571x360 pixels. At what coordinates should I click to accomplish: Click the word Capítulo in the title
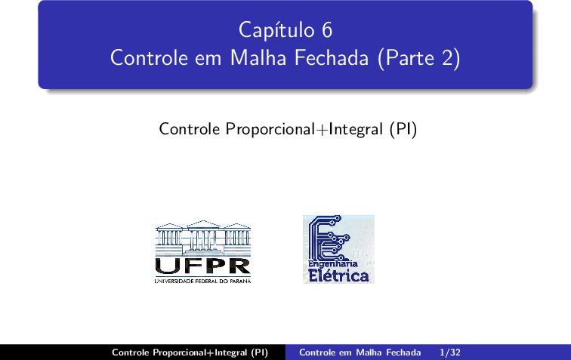point(276,30)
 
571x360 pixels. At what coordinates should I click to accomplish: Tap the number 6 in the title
point(327,30)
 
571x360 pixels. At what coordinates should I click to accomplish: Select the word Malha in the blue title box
point(258,57)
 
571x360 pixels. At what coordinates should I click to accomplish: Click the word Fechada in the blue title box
point(332,57)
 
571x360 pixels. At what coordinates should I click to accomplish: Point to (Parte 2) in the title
point(419,58)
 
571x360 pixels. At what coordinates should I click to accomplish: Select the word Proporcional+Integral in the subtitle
point(304,129)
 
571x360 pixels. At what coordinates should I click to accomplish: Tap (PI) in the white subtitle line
point(403,129)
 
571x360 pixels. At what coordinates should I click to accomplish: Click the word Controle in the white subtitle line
point(190,129)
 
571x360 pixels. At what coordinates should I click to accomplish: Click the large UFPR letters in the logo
point(203,266)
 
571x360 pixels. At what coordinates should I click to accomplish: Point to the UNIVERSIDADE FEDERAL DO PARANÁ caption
point(203,281)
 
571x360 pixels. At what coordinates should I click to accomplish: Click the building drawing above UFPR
point(203,238)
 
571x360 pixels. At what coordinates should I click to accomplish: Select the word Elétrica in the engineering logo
point(338,275)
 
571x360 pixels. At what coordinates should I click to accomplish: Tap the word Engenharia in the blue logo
point(333,263)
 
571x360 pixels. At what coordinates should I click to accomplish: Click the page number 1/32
point(450,352)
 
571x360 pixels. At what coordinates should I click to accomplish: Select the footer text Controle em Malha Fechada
point(360,352)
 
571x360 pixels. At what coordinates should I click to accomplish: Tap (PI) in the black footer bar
point(259,352)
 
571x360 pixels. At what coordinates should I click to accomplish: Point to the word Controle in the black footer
point(131,352)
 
